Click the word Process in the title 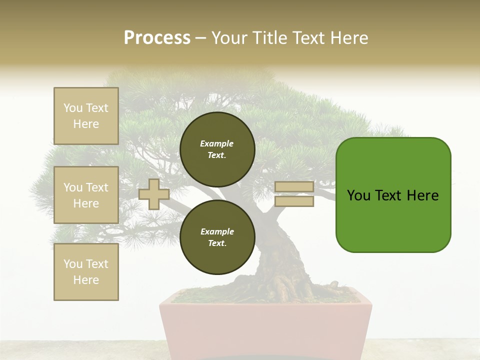click(157, 37)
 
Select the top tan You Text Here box click(86, 116)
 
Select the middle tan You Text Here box click(86, 195)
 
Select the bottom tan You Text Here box click(86, 272)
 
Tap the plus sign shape click(153, 194)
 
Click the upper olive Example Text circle click(217, 149)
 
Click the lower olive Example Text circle click(217, 237)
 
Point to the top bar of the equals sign click(294, 186)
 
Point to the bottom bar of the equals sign click(294, 201)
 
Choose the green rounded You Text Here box click(393, 195)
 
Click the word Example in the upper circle click(217, 143)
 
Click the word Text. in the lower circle click(217, 243)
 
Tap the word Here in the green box click(422, 195)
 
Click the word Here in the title click(347, 38)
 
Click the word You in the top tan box click(73, 108)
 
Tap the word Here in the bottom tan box click(86, 280)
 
